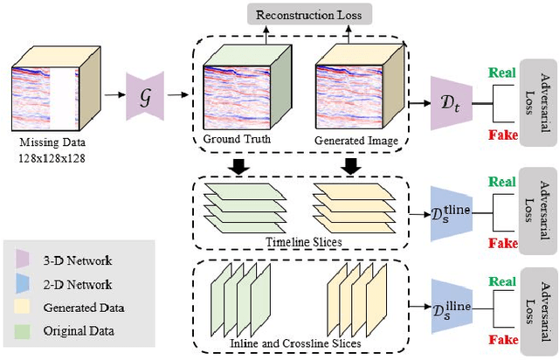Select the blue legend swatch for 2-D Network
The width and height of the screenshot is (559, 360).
click(21, 284)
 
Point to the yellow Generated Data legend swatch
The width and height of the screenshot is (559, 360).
click(21, 307)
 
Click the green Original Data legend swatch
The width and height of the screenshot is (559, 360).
click(21, 330)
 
